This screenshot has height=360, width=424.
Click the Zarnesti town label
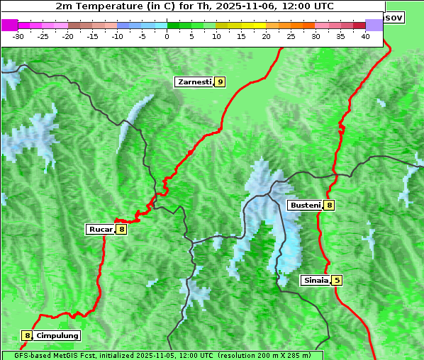[194, 82]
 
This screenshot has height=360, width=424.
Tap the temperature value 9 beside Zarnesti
[220, 82]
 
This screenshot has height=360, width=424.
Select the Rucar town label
[100, 229]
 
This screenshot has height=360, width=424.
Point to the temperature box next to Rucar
[121, 229]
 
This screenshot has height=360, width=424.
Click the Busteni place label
[304, 206]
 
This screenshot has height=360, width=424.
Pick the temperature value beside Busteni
[329, 206]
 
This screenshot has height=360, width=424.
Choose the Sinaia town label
[316, 280]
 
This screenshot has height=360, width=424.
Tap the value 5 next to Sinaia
[337, 280]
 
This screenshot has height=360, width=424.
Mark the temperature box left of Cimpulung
[27, 336]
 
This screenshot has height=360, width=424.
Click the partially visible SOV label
[394, 17]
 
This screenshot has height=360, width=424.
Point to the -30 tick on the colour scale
[18, 35]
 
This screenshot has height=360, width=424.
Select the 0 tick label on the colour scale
[167, 35]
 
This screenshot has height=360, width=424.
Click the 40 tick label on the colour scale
[365, 35]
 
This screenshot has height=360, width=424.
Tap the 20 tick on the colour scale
[266, 35]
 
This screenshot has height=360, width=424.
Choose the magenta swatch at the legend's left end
[9, 25]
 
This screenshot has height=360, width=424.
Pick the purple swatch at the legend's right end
[374, 25]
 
